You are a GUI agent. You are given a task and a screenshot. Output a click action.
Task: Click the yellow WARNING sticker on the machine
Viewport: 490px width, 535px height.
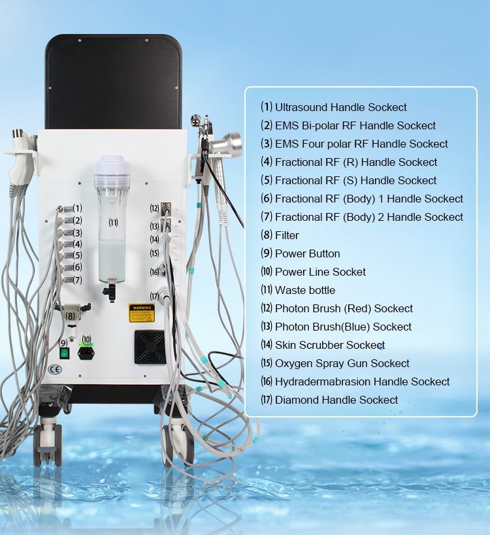point(141,312)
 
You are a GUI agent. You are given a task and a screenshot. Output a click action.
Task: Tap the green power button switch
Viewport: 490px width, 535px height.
point(65,353)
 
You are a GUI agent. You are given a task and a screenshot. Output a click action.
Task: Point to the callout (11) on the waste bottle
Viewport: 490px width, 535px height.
point(113,223)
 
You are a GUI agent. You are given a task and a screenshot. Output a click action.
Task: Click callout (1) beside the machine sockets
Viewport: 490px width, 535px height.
point(77,208)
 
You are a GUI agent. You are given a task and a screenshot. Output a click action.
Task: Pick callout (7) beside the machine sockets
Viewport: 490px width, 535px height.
point(77,280)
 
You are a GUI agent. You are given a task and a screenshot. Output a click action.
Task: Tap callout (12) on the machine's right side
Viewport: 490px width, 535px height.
point(154,208)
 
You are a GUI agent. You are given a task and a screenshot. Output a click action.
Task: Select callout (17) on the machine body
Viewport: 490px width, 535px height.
point(154,296)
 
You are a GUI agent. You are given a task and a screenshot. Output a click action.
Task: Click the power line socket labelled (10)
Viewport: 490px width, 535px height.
point(86,353)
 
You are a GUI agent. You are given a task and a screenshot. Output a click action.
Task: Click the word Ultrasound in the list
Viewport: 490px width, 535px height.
point(301,107)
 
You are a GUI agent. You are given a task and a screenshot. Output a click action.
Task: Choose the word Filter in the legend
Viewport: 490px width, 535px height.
point(287,235)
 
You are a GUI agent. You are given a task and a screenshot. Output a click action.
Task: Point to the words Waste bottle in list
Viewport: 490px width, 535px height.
point(305,290)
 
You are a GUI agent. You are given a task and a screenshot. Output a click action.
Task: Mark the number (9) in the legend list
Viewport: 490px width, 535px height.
point(267,253)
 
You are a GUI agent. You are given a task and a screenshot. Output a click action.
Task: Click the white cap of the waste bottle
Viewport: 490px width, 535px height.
point(112,165)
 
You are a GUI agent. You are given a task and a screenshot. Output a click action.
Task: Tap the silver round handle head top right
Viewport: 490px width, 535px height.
point(229,142)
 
